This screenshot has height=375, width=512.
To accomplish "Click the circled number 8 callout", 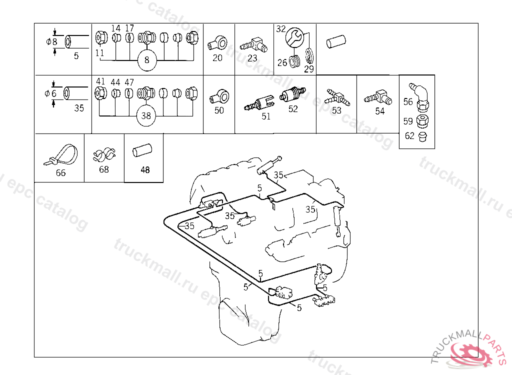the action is pyautogui.click(x=146, y=60).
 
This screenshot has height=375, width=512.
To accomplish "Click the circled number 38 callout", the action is pyautogui.click(x=146, y=115).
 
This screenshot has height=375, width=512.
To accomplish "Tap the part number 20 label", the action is pyautogui.click(x=217, y=57).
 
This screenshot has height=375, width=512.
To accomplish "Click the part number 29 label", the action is pyautogui.click(x=309, y=69).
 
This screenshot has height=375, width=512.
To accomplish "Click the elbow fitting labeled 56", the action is pyautogui.click(x=421, y=93).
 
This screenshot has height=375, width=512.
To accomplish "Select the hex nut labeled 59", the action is pyautogui.click(x=421, y=120).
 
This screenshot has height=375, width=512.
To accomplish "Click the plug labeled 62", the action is pyautogui.click(x=422, y=136).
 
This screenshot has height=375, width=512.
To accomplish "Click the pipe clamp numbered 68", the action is pyautogui.click(x=104, y=155).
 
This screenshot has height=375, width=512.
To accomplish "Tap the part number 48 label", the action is pyautogui.click(x=145, y=170).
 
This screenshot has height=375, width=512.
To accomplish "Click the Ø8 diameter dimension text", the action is pyautogui.click(x=51, y=42).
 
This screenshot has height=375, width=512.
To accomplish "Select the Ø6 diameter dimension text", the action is pyautogui.click(x=51, y=93).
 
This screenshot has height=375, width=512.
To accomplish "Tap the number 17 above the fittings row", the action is pyautogui.click(x=129, y=28).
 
